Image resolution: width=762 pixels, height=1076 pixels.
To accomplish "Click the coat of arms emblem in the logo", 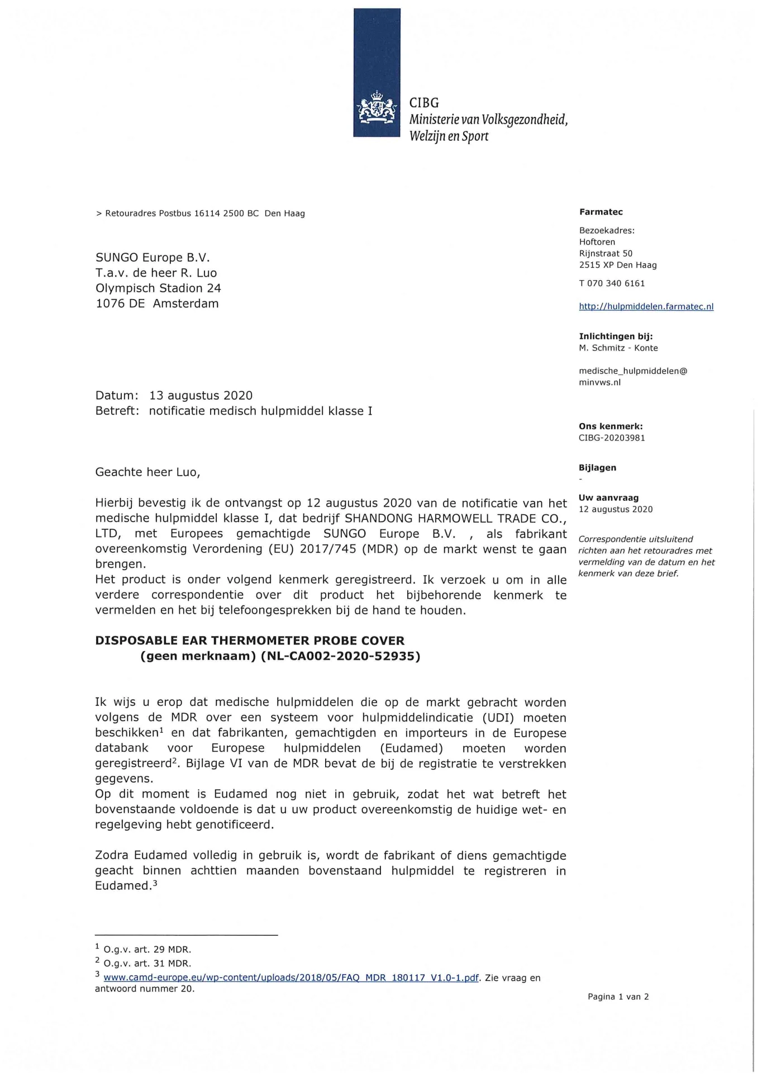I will click(x=376, y=109).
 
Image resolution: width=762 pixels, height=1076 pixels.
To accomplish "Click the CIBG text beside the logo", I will click(x=424, y=103).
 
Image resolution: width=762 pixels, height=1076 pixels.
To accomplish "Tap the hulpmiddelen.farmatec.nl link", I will click(x=646, y=306).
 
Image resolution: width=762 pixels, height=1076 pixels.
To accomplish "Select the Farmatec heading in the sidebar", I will click(x=601, y=212).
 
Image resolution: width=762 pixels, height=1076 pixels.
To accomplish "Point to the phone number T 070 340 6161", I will click(x=612, y=283).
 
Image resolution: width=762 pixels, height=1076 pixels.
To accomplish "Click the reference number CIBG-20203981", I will click(x=612, y=438).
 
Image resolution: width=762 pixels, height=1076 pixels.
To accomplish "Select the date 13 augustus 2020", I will click(x=201, y=396).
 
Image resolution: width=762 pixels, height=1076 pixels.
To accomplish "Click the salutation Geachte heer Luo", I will click(x=147, y=472).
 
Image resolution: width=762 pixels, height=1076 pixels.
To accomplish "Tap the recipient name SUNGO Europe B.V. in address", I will click(x=153, y=258).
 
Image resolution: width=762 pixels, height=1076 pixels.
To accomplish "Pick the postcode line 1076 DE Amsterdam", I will click(x=157, y=304).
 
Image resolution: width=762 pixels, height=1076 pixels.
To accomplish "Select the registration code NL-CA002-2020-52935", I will click(x=340, y=656).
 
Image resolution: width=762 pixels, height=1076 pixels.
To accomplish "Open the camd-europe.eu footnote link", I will click(x=291, y=978).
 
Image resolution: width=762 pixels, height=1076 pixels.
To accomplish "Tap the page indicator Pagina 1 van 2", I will click(x=618, y=997).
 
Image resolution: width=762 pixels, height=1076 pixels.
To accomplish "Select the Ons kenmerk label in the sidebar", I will click(x=611, y=426).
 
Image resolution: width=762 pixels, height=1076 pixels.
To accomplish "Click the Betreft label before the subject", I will click(x=117, y=411).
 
